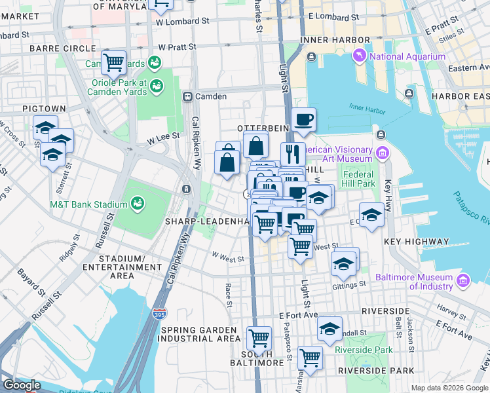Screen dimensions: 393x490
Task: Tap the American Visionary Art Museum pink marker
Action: tap(382, 153)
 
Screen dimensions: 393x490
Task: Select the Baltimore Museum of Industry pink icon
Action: tap(463, 281)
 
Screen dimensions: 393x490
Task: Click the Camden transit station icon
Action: tap(187, 96)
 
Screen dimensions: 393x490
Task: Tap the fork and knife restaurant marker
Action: tap(293, 155)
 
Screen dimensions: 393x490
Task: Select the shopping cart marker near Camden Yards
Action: tap(114, 64)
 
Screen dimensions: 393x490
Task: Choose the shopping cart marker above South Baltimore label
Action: tap(259, 339)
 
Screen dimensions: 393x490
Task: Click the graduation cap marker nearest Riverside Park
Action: tap(330, 329)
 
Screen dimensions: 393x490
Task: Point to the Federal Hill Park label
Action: tap(358, 179)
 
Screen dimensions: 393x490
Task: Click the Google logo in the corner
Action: tap(22, 385)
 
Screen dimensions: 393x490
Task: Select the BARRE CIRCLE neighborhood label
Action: tap(58, 48)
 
